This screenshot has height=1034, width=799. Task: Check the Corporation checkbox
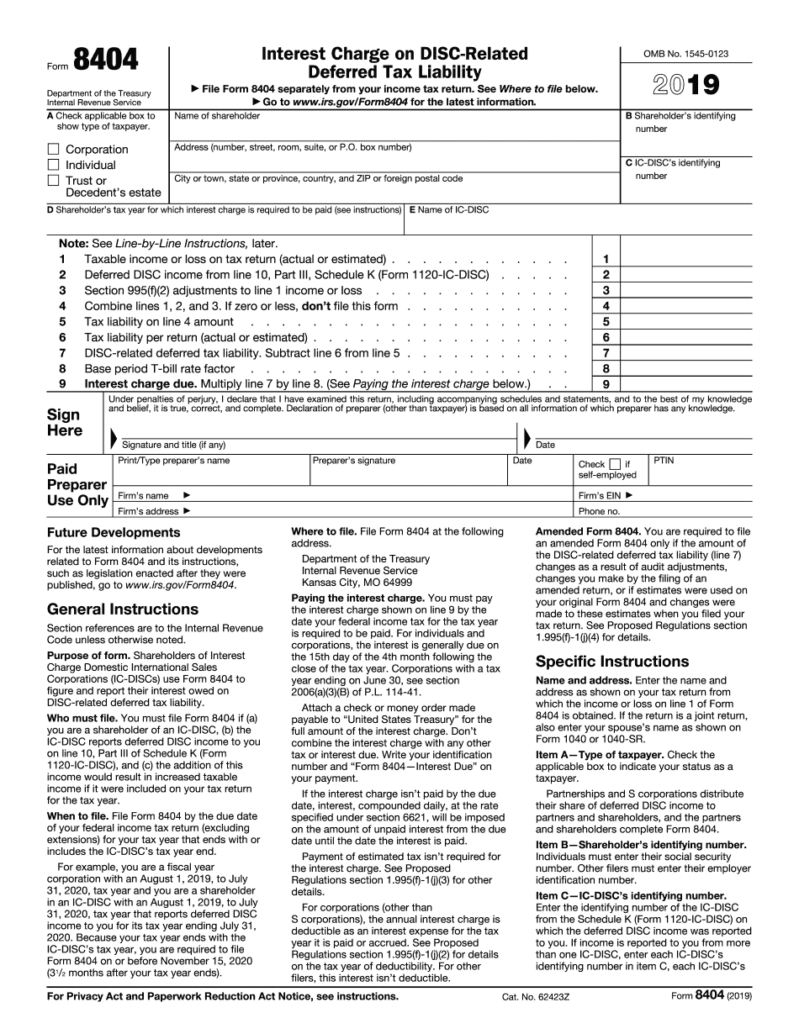[x=53, y=150]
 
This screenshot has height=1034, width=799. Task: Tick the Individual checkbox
[x=53, y=166]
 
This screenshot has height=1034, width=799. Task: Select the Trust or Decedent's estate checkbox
[x=53, y=180]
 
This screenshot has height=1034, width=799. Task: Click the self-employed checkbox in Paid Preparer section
[x=615, y=464]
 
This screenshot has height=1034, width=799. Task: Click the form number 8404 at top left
[x=106, y=61]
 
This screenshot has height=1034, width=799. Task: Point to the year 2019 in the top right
[x=686, y=85]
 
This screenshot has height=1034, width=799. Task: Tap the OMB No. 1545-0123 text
[x=685, y=54]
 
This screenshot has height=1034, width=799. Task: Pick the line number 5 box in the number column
[x=606, y=322]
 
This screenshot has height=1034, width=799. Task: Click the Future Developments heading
[x=114, y=533]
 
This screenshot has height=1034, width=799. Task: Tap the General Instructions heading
[x=123, y=609]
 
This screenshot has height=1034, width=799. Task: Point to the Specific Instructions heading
[x=612, y=662]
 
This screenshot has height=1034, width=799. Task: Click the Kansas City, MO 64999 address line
[x=357, y=583]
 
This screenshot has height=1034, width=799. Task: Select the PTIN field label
[x=664, y=461]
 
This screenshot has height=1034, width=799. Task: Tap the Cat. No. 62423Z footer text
[x=536, y=997]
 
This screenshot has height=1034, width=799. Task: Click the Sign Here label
[x=65, y=423]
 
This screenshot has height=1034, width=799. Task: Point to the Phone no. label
[x=599, y=511]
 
